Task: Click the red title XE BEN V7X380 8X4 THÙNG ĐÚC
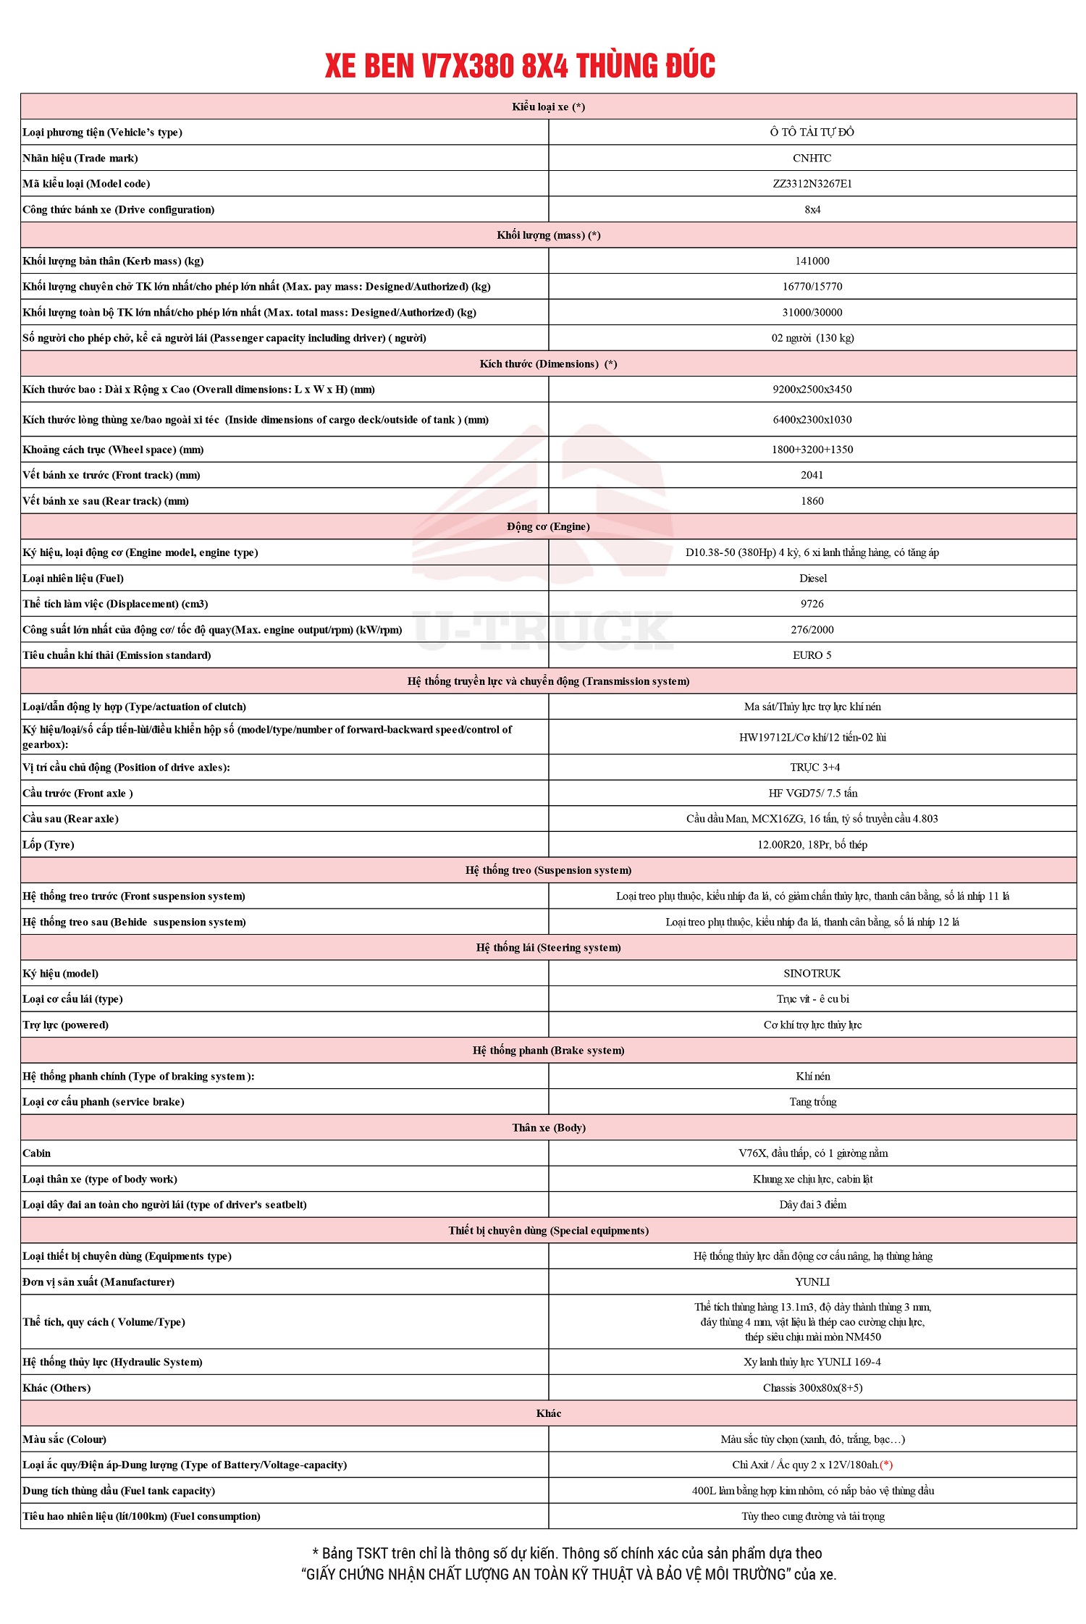click(x=520, y=66)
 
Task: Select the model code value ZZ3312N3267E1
click(x=812, y=184)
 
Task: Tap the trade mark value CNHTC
click(x=812, y=158)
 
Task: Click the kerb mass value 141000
click(x=812, y=261)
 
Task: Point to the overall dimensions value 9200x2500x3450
click(x=812, y=390)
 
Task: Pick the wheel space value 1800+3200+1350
click(x=812, y=450)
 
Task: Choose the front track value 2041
click(x=812, y=475)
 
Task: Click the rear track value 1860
click(x=812, y=501)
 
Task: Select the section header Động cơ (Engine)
click(x=548, y=526)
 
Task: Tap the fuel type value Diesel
click(x=812, y=579)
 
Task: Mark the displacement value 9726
click(x=812, y=604)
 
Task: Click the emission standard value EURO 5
click(x=812, y=655)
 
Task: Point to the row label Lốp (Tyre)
click(x=49, y=845)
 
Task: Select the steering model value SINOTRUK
click(x=812, y=974)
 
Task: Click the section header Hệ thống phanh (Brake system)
click(x=548, y=1051)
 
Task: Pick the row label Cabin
click(x=37, y=1153)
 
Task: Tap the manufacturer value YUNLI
click(x=812, y=1282)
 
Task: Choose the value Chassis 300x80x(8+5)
click(x=812, y=1388)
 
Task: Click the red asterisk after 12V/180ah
click(x=886, y=1465)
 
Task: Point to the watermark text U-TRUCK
click(x=543, y=630)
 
